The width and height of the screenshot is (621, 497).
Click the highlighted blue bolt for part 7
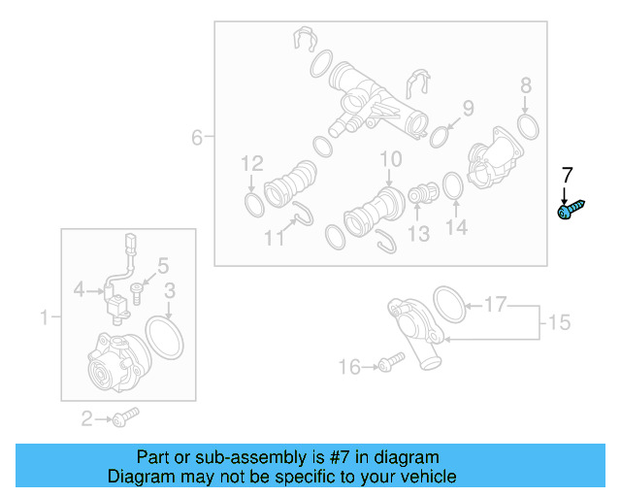point(571,210)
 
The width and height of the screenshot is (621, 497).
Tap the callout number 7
point(568,176)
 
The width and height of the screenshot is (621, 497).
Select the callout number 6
point(197,138)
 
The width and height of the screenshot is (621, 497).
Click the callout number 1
point(44,316)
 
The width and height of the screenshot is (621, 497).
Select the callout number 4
point(82,288)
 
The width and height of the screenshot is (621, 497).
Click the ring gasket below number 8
point(528,126)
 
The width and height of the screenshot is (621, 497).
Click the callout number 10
point(390,158)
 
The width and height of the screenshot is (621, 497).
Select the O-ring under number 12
point(251,204)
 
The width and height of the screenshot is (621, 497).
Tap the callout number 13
point(418,234)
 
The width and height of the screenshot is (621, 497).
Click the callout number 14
point(456,227)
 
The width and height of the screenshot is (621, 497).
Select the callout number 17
point(495,306)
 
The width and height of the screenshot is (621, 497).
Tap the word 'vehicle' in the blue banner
point(419,477)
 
